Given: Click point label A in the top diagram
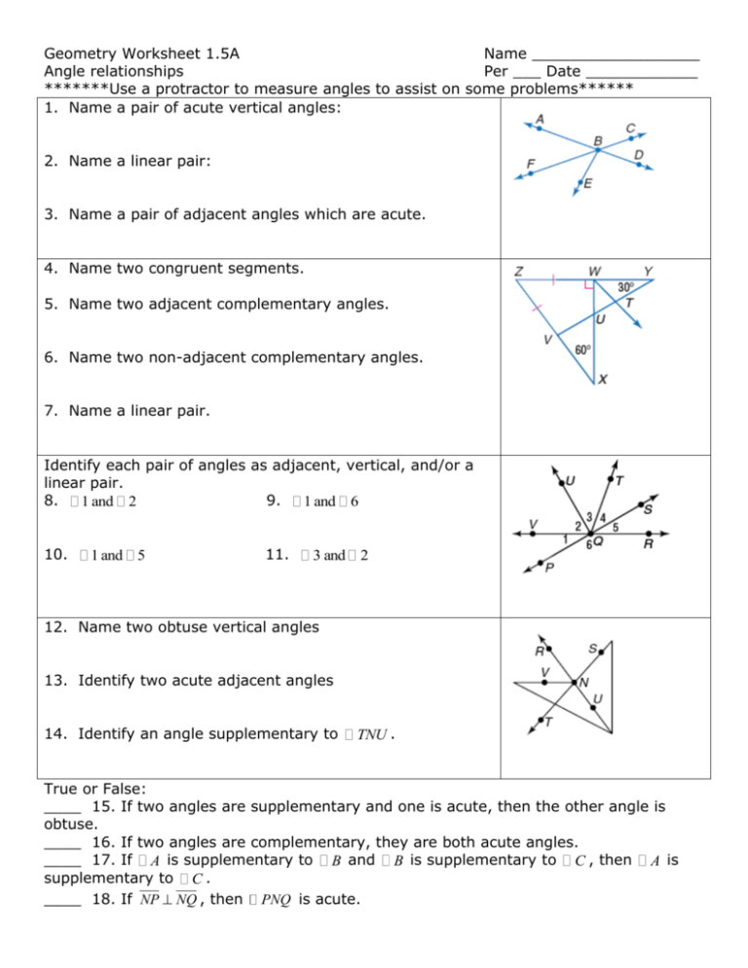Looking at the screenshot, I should pos(539,120).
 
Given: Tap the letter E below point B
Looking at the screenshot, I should pos(589,184).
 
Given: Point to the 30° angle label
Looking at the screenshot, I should pos(626,287).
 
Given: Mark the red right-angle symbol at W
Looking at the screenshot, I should pos(589,286).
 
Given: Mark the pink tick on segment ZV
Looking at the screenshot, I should pos(536,309).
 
